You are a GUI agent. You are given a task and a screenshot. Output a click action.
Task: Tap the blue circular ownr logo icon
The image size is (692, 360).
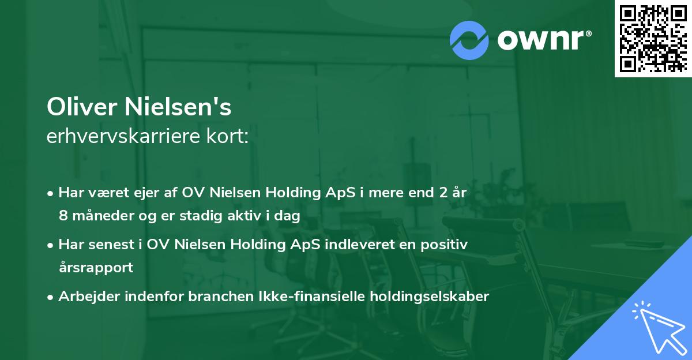click(469, 40)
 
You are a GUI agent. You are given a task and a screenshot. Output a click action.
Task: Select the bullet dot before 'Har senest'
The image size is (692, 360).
click(51, 245)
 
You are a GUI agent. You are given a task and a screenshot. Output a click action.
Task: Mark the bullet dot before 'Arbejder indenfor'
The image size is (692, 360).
click(51, 297)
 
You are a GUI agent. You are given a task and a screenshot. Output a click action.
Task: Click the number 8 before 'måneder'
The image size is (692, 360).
click(63, 216)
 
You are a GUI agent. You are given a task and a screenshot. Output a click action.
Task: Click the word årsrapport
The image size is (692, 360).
click(96, 268)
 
